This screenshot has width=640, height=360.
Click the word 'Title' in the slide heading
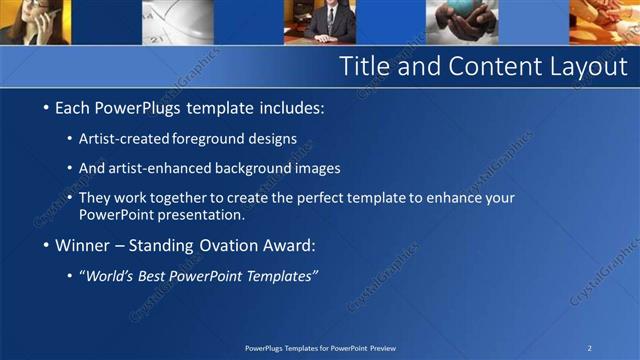(x=364, y=67)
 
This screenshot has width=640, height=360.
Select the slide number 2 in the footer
(x=589, y=348)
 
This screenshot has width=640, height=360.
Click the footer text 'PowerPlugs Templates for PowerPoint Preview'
(x=320, y=348)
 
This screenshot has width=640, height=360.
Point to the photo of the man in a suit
(x=325, y=21)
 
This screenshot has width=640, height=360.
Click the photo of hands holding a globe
(x=461, y=21)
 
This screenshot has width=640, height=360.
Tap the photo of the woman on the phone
(x=34, y=21)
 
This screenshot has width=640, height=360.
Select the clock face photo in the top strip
(x=176, y=21)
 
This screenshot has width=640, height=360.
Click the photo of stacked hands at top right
(x=604, y=21)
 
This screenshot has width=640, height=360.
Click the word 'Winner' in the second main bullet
(x=83, y=245)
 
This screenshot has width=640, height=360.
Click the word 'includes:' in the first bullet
(x=291, y=107)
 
